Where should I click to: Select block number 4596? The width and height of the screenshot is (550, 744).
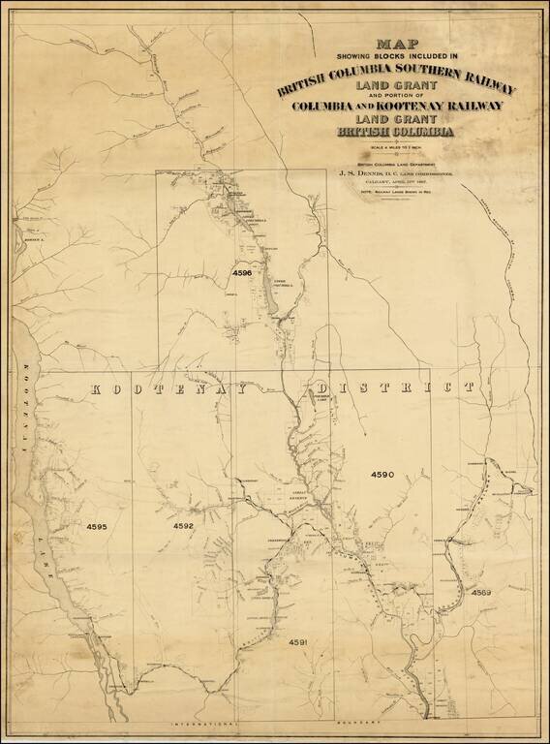pyautogui.click(x=242, y=274)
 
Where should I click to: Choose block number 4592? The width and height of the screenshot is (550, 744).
pyautogui.click(x=183, y=526)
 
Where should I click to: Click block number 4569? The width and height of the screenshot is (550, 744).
pyautogui.click(x=481, y=592)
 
